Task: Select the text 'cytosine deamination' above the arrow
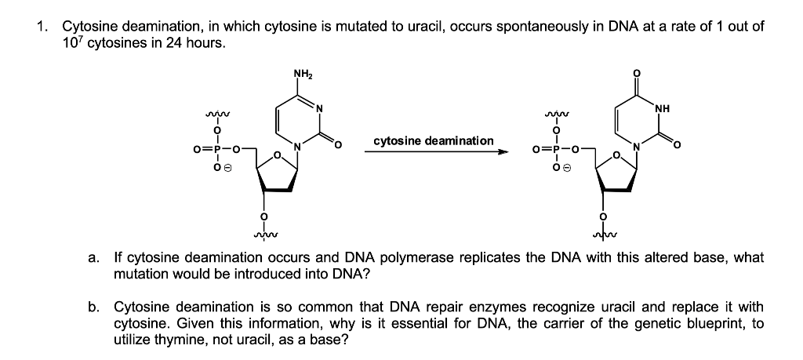(x=434, y=141)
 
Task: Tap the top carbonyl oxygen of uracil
(x=637, y=73)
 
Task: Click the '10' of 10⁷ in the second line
(x=68, y=44)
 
